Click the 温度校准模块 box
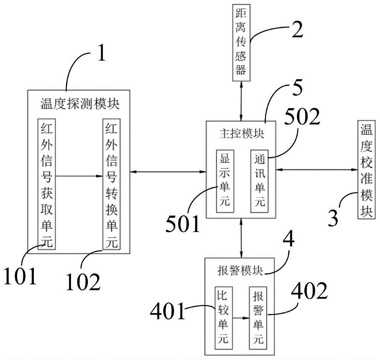click(x=366, y=170)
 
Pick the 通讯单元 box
click(x=260, y=181)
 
